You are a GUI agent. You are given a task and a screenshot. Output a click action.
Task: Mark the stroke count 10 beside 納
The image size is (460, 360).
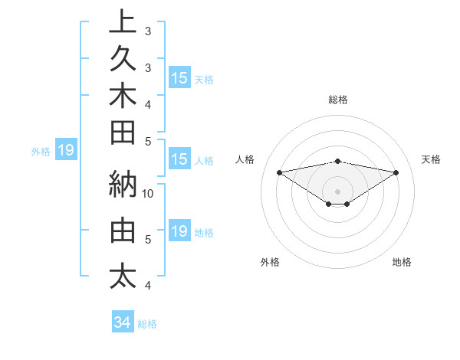[x=148, y=193]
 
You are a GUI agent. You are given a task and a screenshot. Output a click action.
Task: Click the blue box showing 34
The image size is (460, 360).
[x=122, y=322]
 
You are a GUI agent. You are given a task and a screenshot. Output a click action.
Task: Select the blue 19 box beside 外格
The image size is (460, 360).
[x=65, y=151]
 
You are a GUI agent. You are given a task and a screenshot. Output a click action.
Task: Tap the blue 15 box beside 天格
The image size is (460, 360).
[x=179, y=78]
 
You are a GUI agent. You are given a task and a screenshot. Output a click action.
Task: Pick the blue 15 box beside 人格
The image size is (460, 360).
[x=179, y=160]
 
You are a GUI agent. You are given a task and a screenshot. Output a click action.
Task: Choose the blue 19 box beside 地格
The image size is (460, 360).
[x=179, y=231]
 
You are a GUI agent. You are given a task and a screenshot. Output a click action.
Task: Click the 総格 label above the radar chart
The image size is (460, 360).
[x=337, y=100]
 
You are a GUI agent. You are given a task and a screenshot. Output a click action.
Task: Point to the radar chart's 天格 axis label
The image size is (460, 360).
[x=432, y=159]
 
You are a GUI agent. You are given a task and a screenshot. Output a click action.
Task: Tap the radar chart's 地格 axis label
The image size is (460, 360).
[x=402, y=262]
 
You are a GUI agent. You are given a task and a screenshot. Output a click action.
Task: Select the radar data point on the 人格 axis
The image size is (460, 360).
[x=279, y=172]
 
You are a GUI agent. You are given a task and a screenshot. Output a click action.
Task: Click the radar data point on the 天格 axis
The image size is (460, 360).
[x=396, y=172]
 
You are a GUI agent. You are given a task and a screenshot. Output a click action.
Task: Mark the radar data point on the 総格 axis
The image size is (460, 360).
[x=337, y=161]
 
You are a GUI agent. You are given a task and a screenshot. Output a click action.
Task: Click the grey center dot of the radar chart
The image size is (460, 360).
[x=337, y=191]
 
